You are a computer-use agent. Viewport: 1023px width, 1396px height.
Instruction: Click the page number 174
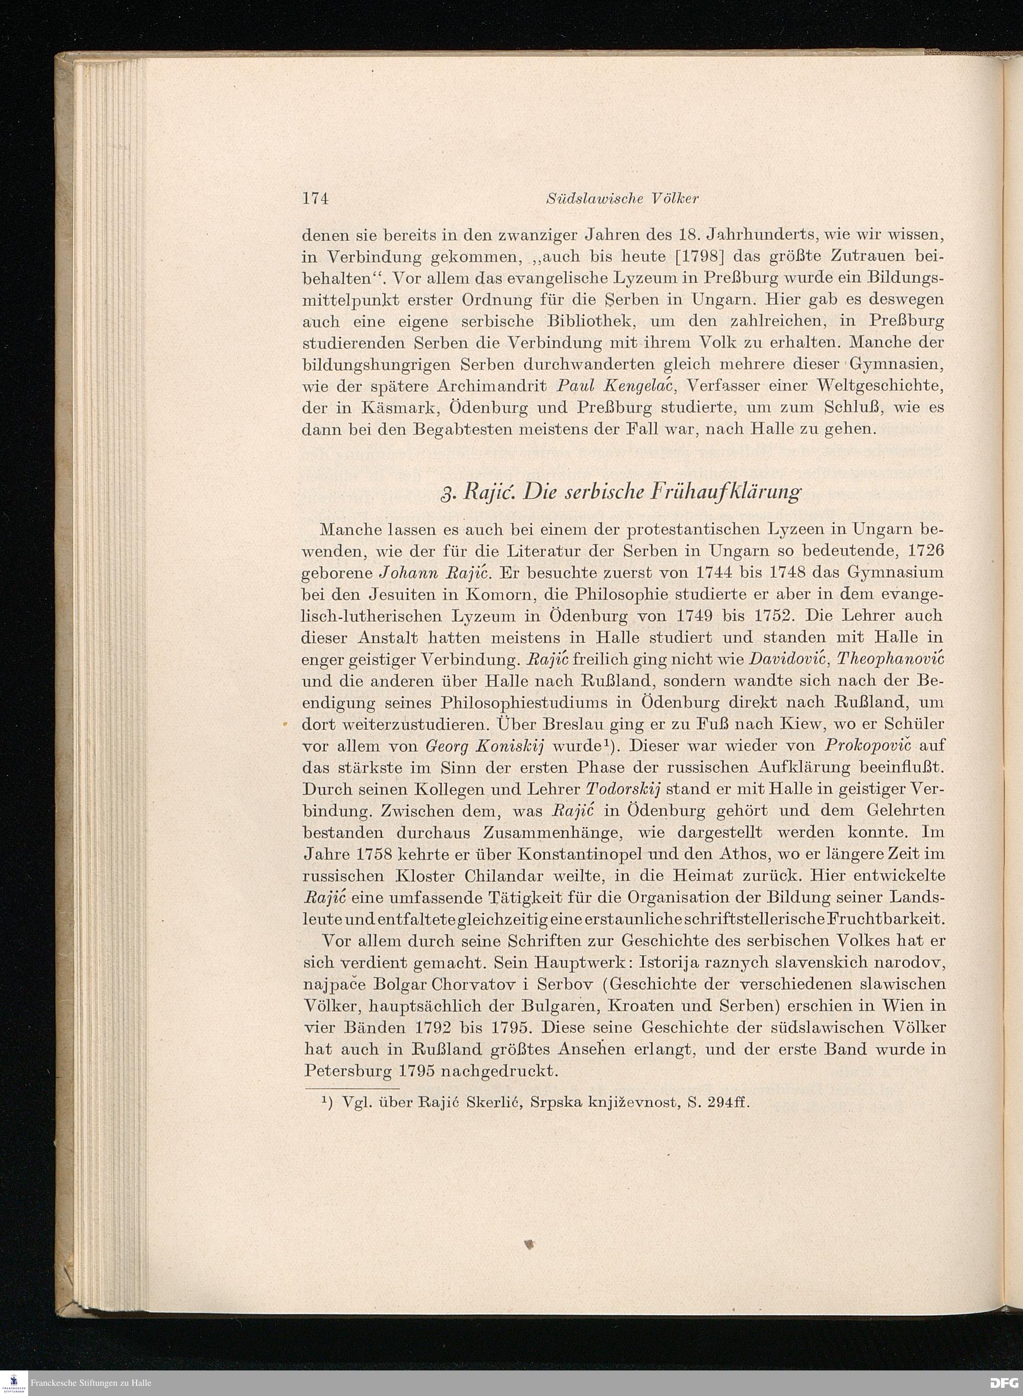coord(315,199)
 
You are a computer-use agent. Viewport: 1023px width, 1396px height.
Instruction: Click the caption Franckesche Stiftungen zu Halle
coord(92,1383)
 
